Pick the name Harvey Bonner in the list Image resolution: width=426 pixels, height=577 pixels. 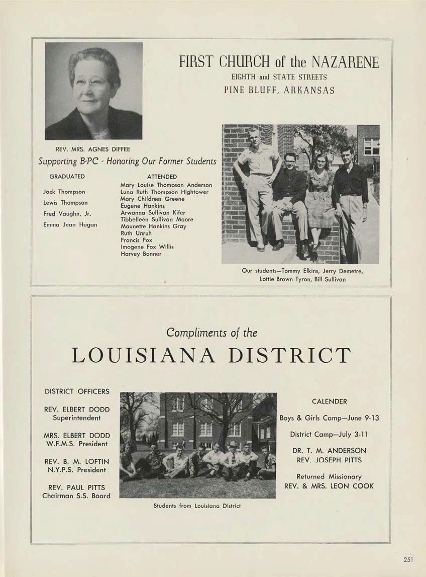[141, 254]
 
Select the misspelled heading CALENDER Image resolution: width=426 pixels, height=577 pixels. [330, 401]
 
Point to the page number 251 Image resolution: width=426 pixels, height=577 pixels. [408, 559]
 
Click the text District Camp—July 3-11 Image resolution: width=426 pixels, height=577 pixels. [330, 434]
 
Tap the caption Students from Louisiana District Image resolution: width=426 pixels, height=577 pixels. [197, 506]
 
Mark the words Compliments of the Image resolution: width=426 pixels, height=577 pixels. [212, 333]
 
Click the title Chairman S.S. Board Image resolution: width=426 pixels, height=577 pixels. [76, 496]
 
